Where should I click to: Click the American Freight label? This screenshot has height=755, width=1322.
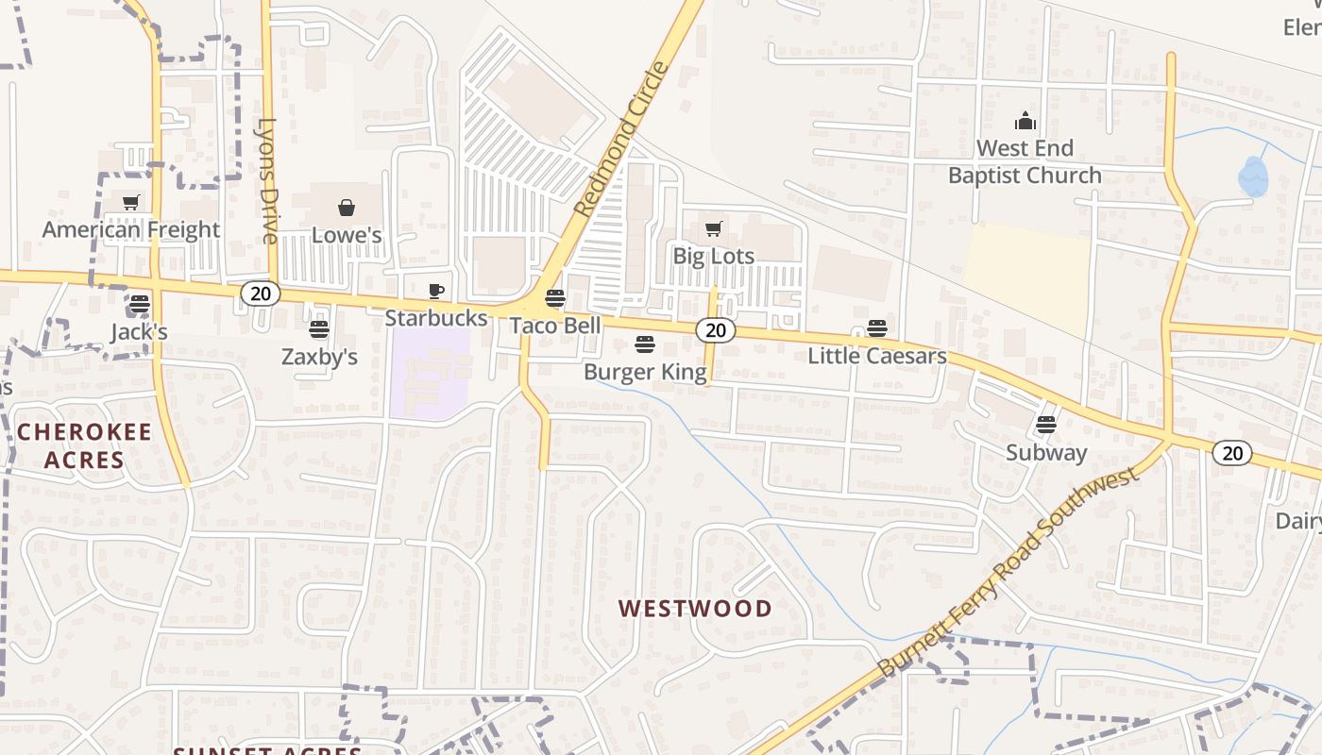[131, 229]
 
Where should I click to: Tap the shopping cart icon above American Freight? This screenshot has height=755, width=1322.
[131, 202]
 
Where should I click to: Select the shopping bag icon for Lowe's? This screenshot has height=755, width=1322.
[347, 208]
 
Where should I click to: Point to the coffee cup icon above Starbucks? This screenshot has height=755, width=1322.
[435, 291]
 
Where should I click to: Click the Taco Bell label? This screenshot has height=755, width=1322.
[555, 326]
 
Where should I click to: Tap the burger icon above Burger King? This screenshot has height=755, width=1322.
[645, 344]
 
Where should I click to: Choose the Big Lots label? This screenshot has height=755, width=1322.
[714, 256]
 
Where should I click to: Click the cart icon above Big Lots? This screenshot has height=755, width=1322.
[714, 228]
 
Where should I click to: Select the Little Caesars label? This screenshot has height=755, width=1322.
[877, 356]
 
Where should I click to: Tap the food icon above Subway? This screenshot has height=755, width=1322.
[1046, 425]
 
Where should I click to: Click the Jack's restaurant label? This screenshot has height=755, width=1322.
[139, 331]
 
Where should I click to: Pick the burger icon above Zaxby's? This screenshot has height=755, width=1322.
[319, 329]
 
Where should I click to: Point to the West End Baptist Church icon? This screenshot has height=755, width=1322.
[1025, 121]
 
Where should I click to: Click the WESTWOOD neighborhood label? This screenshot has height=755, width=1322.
[695, 609]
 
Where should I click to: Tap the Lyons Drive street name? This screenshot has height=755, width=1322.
[269, 180]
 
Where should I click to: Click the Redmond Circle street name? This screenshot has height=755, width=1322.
[621, 139]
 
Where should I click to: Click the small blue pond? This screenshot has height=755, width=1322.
[1253, 176]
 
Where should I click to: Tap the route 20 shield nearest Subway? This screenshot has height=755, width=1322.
[1232, 453]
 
